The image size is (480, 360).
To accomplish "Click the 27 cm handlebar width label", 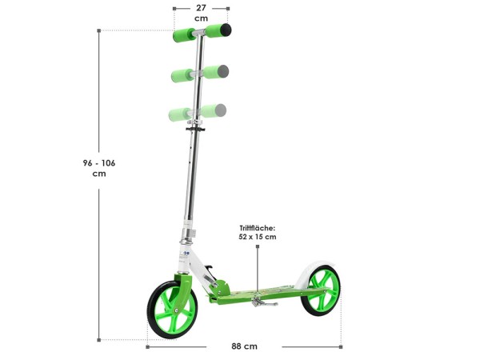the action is (x=201, y=13).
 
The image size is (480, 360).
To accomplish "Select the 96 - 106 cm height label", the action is (x=99, y=168).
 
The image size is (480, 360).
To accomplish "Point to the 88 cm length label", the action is (x=244, y=346).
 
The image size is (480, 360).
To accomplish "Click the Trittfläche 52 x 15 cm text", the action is (x=258, y=232).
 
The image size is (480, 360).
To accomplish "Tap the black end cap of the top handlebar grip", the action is (x=226, y=30).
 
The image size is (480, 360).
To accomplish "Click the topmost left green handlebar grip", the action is (x=184, y=35).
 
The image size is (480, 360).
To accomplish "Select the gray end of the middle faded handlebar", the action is (x=223, y=71).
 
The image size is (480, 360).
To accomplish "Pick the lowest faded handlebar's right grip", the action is (x=214, y=110).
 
